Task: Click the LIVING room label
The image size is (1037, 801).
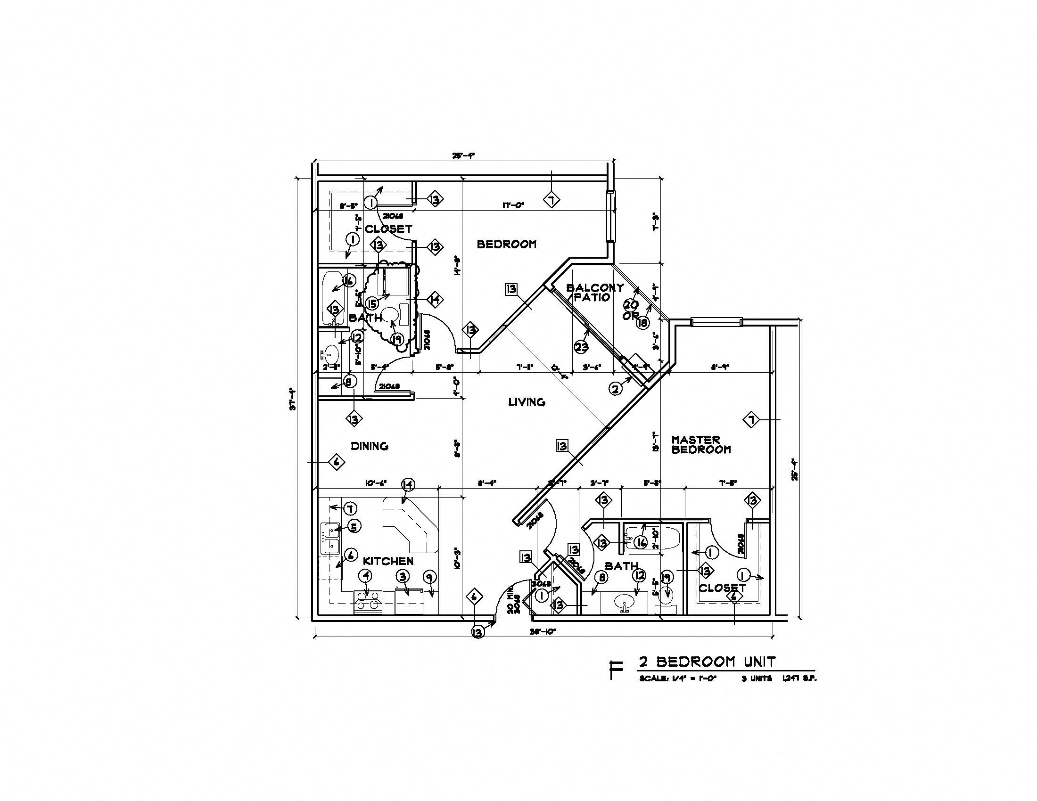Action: point(526,402)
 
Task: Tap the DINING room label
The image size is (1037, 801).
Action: point(370,446)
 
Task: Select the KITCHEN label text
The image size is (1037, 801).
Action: point(388,561)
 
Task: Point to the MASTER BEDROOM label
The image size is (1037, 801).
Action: point(701,445)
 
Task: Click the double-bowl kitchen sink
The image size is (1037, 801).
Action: point(330,539)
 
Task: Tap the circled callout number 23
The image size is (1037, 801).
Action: point(581,347)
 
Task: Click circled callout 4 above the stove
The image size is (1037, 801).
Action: point(366,576)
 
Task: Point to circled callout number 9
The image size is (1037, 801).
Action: point(429,577)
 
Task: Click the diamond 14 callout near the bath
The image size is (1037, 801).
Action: point(435,299)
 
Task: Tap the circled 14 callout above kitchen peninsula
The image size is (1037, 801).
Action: point(408,484)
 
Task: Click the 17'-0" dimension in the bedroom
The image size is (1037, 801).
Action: point(513,205)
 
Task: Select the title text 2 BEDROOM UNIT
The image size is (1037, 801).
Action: point(707,661)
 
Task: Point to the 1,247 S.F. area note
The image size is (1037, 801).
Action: point(798,678)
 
